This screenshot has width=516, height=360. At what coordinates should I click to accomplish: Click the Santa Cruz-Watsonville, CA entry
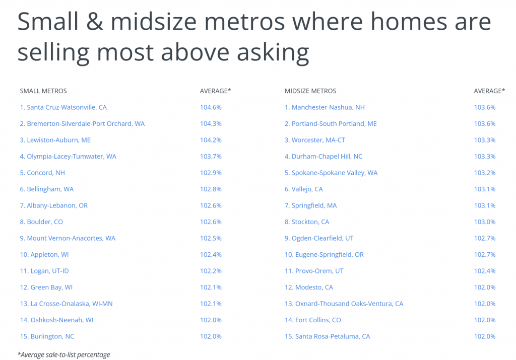[63, 107]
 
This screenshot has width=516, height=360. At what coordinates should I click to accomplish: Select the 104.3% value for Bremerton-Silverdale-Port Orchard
[211, 124]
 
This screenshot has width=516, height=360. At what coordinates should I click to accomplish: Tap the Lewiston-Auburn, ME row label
[55, 140]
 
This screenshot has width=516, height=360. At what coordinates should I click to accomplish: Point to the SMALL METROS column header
[43, 91]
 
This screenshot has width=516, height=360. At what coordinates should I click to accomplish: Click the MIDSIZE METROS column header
[310, 91]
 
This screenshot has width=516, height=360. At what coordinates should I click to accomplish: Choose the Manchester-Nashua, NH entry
[325, 107]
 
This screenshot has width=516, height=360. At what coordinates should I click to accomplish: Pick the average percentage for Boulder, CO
[211, 222]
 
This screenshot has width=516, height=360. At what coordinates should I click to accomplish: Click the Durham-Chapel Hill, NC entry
[323, 157]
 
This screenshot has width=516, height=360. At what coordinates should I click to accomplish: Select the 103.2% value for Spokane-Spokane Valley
[485, 173]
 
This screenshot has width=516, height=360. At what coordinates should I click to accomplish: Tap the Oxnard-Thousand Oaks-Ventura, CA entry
[344, 304]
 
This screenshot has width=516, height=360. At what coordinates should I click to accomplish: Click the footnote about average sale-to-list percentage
[64, 355]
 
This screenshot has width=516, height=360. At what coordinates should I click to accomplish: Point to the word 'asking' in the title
[273, 52]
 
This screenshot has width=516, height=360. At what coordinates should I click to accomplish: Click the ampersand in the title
[94, 22]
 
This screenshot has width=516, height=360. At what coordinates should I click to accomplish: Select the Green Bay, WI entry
[46, 287]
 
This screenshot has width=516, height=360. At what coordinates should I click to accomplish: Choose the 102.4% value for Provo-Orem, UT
[485, 271]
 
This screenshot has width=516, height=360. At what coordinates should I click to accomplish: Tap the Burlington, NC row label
[47, 336]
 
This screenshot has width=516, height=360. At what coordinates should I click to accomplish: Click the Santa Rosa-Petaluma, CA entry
[327, 336]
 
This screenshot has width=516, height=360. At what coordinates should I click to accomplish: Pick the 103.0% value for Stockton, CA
[485, 222]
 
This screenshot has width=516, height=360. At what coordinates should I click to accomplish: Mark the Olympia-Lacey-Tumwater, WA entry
[68, 157]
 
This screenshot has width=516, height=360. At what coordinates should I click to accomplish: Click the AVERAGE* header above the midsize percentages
[489, 91]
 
